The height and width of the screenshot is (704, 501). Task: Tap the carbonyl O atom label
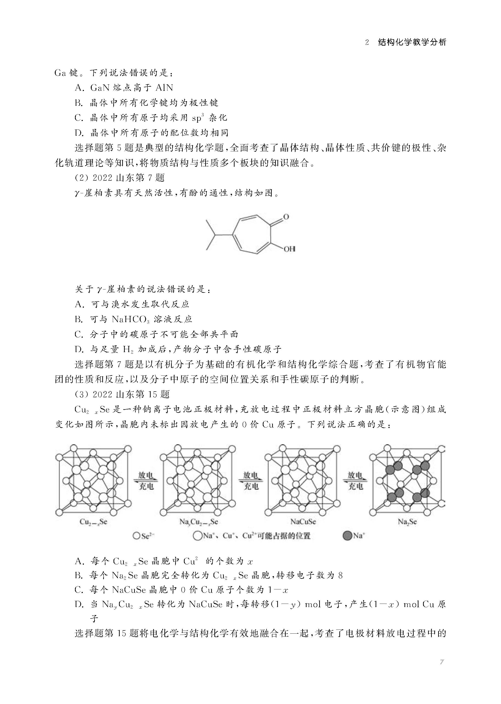click(x=286, y=217)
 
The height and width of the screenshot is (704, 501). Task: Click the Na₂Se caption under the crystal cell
click(x=407, y=522)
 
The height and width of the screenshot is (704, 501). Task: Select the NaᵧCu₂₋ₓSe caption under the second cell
click(x=198, y=522)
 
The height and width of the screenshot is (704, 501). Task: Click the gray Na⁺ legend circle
click(x=348, y=536)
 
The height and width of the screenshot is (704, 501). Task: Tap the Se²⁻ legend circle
click(x=137, y=536)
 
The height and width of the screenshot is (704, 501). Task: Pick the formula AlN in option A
click(x=164, y=88)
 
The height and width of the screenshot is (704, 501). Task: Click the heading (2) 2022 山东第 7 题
click(x=120, y=178)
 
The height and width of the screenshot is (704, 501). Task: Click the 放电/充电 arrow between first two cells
click(x=146, y=480)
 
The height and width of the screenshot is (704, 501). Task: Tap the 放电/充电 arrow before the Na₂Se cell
click(x=355, y=480)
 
